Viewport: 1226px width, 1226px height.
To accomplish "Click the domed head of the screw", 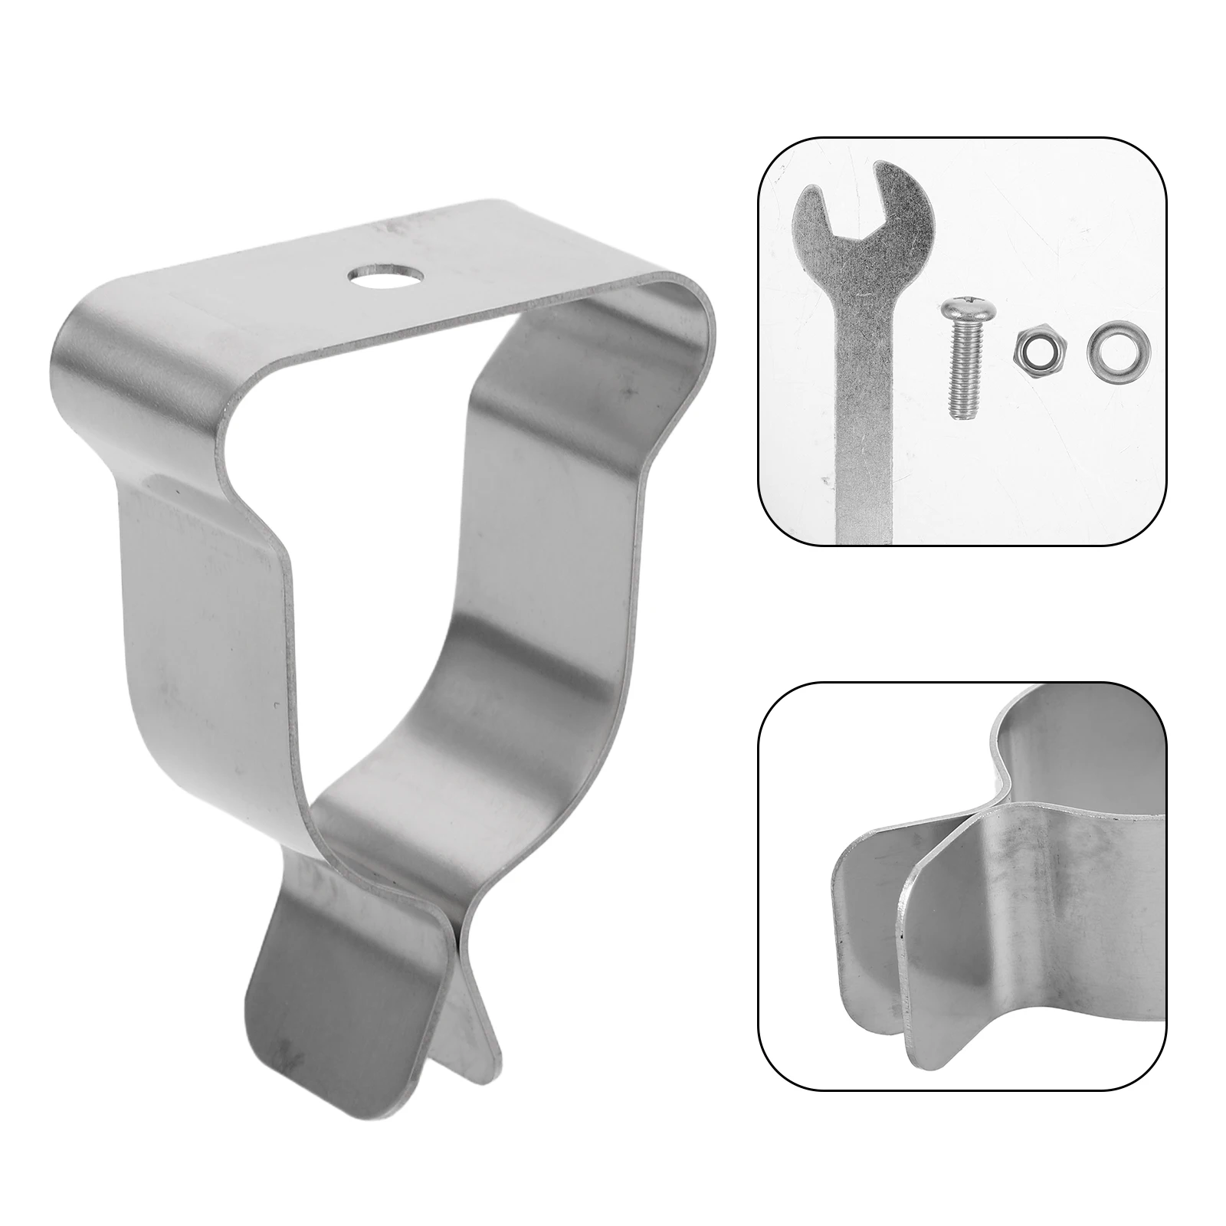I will (955, 311).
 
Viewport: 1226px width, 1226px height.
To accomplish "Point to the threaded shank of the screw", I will (960, 368).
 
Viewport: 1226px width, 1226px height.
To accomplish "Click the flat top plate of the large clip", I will (460, 261).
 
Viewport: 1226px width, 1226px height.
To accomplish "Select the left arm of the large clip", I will (207, 613).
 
